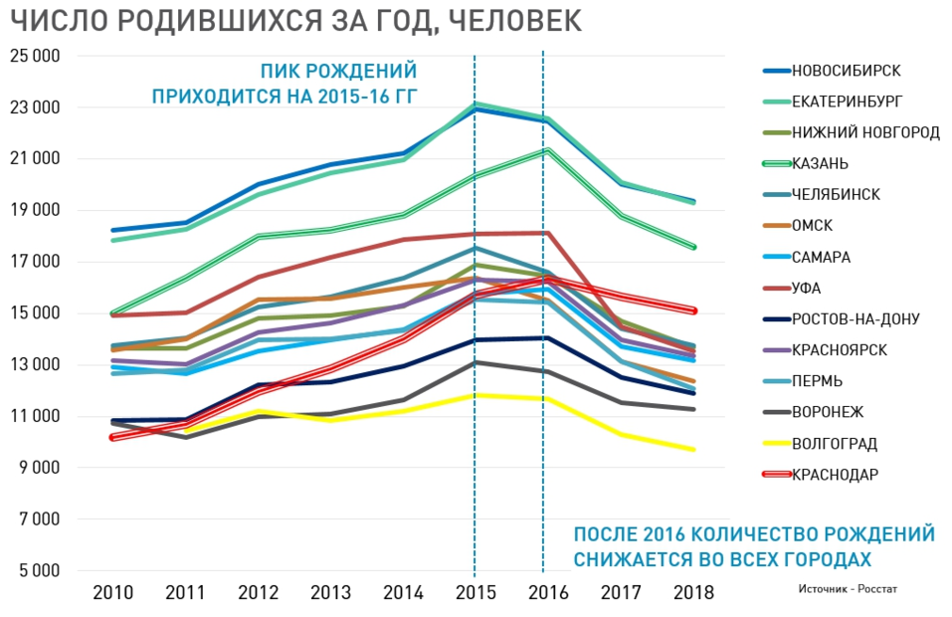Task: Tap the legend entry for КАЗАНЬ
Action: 821,163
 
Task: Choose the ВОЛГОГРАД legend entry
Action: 835,444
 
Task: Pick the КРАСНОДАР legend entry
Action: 836,475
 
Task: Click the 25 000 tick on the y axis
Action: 36,56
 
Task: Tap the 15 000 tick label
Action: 36,313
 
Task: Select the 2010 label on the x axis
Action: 113,593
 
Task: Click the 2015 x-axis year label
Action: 475,593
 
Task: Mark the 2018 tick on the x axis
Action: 693,593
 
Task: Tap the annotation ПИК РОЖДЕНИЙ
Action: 338,72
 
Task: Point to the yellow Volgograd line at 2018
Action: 693,449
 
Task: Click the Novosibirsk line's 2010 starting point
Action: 113,230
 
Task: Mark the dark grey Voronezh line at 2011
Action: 186,437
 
